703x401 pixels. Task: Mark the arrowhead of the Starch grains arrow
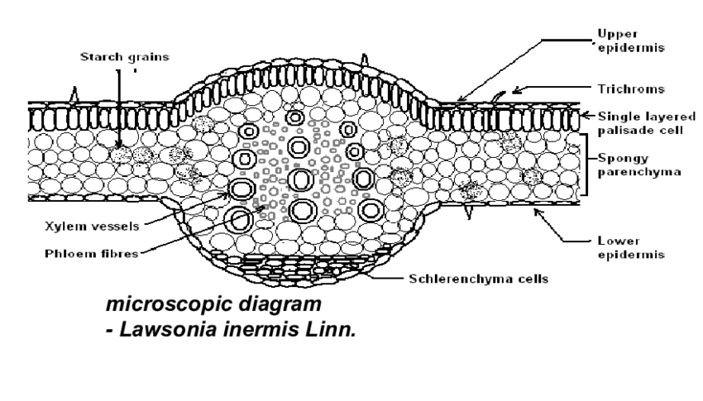point(118,148)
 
